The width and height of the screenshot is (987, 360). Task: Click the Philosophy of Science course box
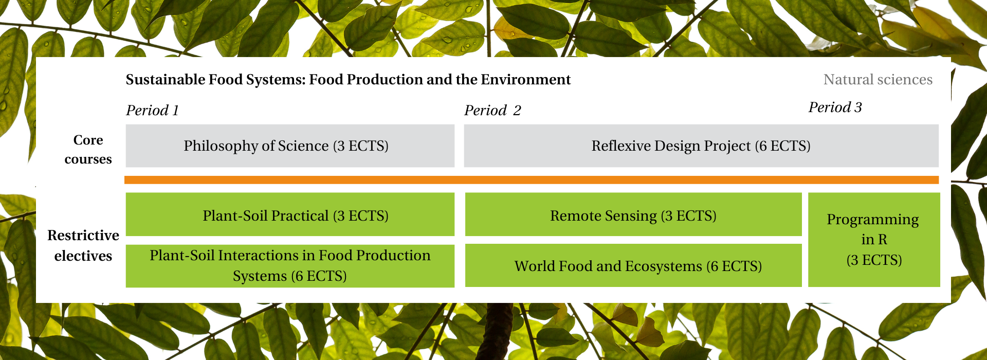click(290, 146)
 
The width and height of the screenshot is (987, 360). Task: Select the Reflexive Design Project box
click(701, 146)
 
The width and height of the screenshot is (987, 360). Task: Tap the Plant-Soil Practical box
click(290, 214)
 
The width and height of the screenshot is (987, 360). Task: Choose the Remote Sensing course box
click(633, 214)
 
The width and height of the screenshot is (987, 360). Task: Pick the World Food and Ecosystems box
click(633, 265)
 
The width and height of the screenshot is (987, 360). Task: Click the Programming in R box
click(874, 240)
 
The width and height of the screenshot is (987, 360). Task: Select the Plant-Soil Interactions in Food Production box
click(290, 266)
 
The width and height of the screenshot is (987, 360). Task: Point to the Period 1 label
click(153, 111)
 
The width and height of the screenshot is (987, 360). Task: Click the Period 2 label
click(492, 111)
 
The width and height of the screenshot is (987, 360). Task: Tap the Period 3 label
click(835, 107)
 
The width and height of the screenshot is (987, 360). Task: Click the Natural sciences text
click(878, 80)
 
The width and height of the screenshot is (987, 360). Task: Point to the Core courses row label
click(88, 150)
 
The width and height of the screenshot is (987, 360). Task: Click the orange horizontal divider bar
click(532, 180)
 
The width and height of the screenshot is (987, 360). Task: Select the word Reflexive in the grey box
click(619, 146)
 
